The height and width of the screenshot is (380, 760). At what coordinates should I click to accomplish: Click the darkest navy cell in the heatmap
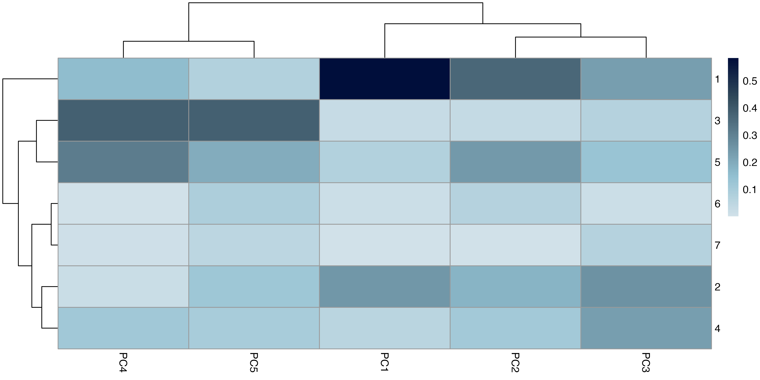[x=385, y=79]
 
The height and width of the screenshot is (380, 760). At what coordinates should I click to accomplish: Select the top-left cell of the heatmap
[x=123, y=79]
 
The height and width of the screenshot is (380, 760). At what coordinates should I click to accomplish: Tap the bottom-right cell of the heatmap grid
[x=646, y=328]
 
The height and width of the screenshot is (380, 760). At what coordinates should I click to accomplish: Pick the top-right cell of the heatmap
[x=646, y=79]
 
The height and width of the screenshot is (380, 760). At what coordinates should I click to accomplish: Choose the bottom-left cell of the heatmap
[x=123, y=328]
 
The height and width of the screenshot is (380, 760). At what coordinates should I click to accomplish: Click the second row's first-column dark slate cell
[x=123, y=120]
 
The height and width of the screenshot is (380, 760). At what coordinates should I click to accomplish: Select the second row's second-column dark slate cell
[x=254, y=120]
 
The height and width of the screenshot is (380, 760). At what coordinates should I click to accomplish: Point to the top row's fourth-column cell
[x=515, y=79]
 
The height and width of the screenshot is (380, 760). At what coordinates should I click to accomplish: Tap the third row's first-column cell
[x=123, y=162]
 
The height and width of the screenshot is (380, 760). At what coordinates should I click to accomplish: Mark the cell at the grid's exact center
[x=385, y=204]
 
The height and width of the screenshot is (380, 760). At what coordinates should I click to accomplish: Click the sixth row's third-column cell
[x=385, y=287]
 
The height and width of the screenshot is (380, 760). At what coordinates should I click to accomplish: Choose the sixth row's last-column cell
[x=646, y=287]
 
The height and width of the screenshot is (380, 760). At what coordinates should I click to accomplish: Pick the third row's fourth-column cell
[x=515, y=162]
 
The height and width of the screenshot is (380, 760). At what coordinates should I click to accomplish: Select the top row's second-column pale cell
[x=254, y=79]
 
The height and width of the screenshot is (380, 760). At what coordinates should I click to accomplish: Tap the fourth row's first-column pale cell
[x=123, y=204]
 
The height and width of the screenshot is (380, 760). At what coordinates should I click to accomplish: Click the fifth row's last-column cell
[x=646, y=245]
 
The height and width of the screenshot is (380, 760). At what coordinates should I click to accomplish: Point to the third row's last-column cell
[x=646, y=162]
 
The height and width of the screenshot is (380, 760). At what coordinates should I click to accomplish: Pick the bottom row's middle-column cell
[x=385, y=328]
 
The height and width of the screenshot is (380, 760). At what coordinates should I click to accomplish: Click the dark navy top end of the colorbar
[x=733, y=60]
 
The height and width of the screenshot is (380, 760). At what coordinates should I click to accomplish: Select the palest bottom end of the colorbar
[x=733, y=214]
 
